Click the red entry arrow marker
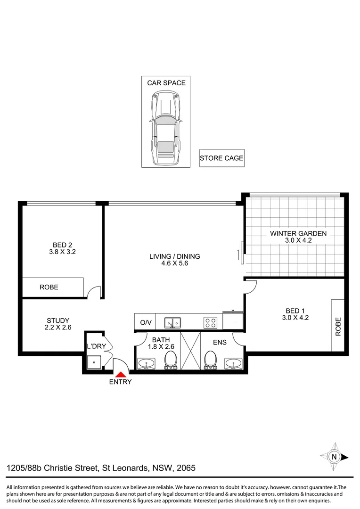point(120,373)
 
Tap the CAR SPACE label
point(166,83)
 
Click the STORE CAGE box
point(221,158)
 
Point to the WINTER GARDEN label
point(297,233)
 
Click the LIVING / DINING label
point(174,257)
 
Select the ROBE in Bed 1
point(337,325)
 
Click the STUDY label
point(58,320)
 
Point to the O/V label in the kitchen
point(146,323)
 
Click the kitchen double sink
point(173,323)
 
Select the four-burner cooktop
point(211,323)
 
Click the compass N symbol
point(335,456)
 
